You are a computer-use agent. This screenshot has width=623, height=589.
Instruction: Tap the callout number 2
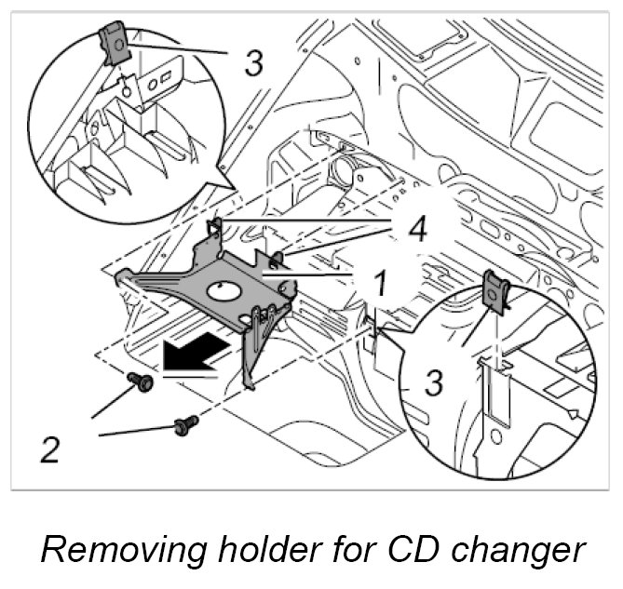pyautogui.click(x=52, y=450)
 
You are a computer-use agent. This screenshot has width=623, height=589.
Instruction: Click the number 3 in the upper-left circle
pyautogui.click(x=253, y=63)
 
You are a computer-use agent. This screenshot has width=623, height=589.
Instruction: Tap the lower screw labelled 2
pyautogui.click(x=186, y=426)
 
